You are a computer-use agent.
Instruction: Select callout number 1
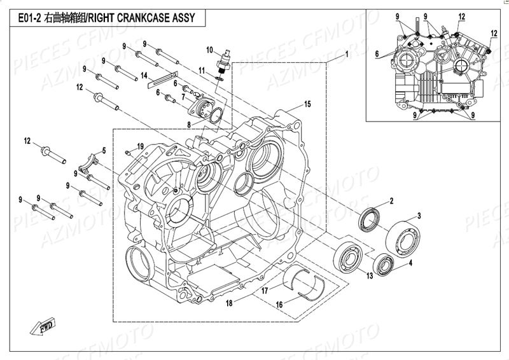click(x=346, y=55)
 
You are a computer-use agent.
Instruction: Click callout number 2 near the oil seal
click(x=391, y=201)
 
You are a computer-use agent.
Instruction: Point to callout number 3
click(x=419, y=215)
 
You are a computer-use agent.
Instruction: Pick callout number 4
click(x=410, y=262)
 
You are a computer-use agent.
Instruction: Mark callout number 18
click(x=228, y=303)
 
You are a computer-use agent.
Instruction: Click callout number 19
click(x=140, y=146)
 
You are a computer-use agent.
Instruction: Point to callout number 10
click(x=209, y=49)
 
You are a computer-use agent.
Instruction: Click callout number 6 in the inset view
click(x=377, y=53)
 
